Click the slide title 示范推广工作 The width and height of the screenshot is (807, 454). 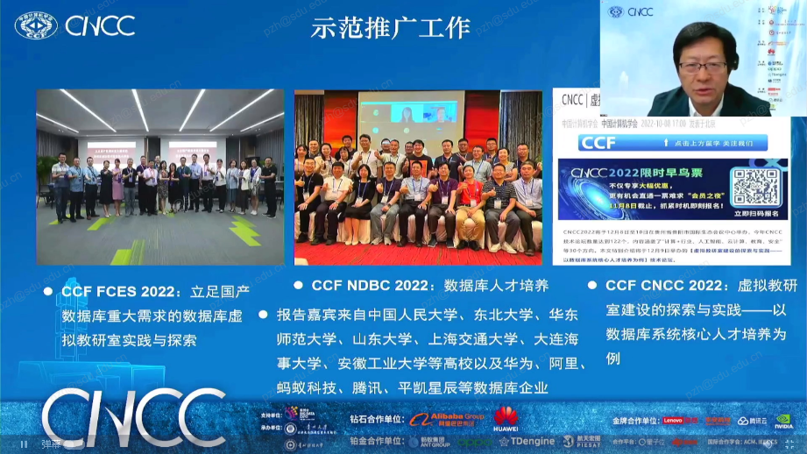point(390,27)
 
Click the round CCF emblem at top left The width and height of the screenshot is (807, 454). point(36,25)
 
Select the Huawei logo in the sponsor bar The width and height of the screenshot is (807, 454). point(506,416)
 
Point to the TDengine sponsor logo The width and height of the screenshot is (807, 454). point(526,442)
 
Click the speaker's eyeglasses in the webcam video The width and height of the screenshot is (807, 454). point(703,67)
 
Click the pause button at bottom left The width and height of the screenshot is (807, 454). point(24,443)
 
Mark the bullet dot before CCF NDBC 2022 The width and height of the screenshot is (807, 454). point(299,285)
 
